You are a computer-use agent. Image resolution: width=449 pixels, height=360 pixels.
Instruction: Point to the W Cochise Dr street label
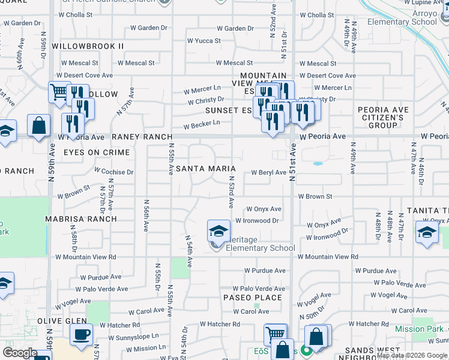pos(113,172)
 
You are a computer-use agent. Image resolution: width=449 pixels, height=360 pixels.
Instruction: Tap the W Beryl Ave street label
pos(268,172)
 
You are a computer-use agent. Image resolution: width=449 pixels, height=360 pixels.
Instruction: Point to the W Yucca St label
pos(204,41)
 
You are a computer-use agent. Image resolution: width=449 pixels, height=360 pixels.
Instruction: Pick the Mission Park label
pos(419,329)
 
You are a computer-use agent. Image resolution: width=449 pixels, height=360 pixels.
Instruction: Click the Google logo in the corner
pos(20,353)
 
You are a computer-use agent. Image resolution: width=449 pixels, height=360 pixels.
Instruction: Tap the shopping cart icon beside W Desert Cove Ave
pos(59,92)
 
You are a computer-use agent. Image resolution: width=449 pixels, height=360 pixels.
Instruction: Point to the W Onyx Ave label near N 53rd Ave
pos(264,209)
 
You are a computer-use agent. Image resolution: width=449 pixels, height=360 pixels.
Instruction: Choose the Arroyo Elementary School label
pos(412,17)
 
